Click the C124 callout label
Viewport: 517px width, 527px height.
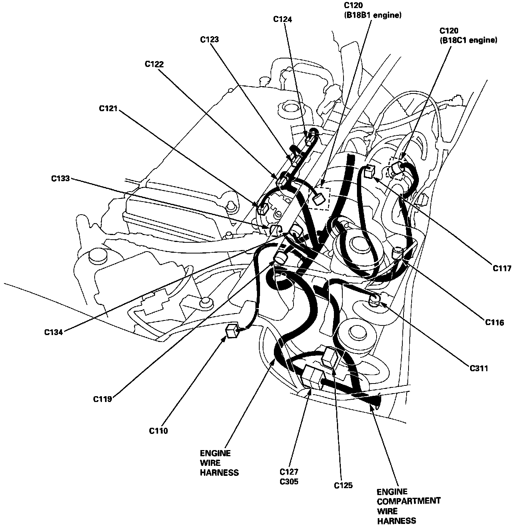click(x=282, y=19)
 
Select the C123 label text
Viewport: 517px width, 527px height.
click(x=210, y=39)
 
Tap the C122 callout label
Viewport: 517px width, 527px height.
click(x=154, y=64)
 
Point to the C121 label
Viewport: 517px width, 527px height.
click(x=108, y=109)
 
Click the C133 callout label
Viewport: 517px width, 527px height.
click(x=61, y=178)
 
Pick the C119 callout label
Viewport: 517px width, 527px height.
click(x=102, y=399)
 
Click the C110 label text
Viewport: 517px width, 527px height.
click(x=158, y=431)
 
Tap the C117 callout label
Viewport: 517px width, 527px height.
click(x=502, y=268)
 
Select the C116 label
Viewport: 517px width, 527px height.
click(x=494, y=322)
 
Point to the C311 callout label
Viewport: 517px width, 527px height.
click(x=479, y=369)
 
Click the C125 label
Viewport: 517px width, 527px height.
click(x=343, y=485)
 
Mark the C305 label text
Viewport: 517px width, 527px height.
click(x=289, y=481)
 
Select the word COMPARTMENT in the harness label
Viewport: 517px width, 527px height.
click(x=408, y=501)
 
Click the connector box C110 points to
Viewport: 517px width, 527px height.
click(x=232, y=330)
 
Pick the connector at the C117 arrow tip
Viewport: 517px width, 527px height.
click(x=369, y=170)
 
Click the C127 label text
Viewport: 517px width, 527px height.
click(x=289, y=472)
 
